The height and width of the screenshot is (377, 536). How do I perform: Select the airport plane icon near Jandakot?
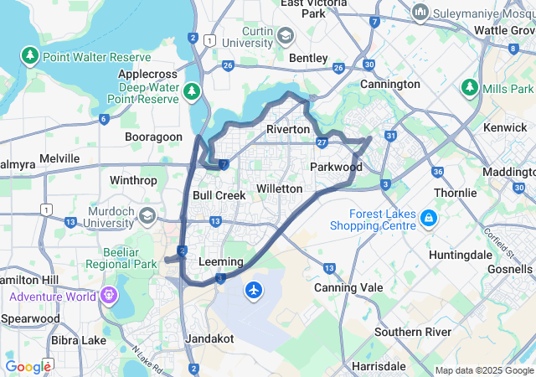point(254,290)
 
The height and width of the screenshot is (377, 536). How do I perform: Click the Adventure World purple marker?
point(108,296)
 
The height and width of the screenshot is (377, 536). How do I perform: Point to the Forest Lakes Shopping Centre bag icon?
point(429,218)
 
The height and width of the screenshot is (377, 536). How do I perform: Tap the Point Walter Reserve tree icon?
point(30,56)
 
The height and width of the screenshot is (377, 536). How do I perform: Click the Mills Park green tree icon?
point(470,88)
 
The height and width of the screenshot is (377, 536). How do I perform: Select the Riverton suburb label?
point(288,130)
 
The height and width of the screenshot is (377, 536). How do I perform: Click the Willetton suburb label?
point(279,188)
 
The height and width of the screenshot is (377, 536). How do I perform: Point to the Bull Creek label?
point(219,195)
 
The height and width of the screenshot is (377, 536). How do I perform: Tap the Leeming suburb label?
point(221,262)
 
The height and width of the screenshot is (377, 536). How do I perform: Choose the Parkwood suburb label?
point(336,167)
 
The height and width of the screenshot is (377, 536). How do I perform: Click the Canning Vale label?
point(347,287)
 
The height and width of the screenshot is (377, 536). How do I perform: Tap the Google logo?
point(28,366)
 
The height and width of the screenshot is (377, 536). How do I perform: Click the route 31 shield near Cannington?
point(390,136)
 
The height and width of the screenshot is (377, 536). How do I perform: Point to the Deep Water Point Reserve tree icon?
point(193,89)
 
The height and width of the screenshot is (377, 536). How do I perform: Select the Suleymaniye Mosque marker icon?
point(420,13)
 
